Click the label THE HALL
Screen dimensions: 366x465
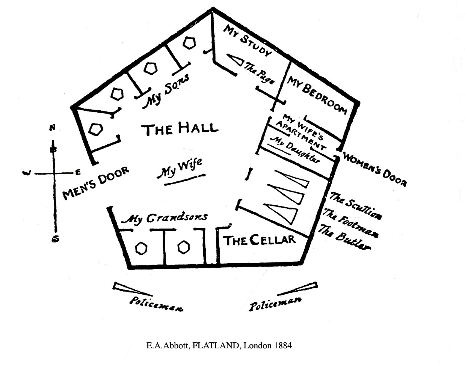point(180,129)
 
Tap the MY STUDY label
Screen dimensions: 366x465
point(247,40)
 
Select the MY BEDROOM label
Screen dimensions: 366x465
point(317,94)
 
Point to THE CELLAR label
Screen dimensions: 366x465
point(260,240)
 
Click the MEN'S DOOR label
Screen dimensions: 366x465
point(96,182)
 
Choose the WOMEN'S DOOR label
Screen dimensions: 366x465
point(374,169)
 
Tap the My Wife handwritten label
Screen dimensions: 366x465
point(180,167)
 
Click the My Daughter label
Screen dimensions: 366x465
point(295,149)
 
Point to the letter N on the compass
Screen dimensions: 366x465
point(53,128)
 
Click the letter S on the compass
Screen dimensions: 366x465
point(56,239)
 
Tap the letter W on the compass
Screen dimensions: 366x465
point(26,173)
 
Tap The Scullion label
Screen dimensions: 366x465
point(355,206)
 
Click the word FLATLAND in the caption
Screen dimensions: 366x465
point(216,345)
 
